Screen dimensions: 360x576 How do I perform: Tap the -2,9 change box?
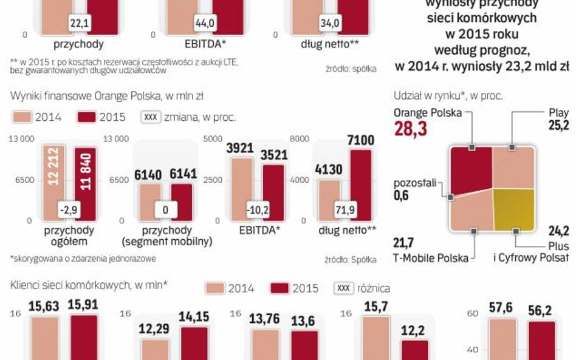(69, 209)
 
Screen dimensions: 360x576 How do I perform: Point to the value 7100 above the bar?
(360, 141)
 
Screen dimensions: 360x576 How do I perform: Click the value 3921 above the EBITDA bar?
(239, 148)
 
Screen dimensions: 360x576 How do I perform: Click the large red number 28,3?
(410, 128)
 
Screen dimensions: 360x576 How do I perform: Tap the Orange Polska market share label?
(428, 113)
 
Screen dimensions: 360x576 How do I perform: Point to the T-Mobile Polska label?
(431, 258)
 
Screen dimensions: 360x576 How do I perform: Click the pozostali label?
(415, 183)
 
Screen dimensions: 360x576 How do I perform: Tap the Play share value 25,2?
(558, 126)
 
